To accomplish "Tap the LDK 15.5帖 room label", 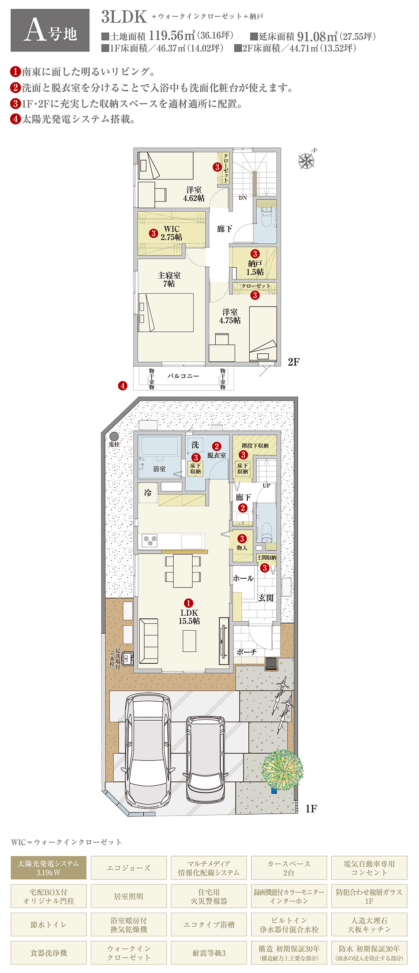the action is click(190, 617).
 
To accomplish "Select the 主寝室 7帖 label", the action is click(169, 280).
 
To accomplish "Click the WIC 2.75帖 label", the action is click(172, 233).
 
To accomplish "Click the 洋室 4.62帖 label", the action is click(194, 194).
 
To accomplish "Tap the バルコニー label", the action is click(183, 376).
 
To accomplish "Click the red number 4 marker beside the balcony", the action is click(123, 385).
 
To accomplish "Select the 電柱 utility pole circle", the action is click(114, 436).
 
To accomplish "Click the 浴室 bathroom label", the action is click(159, 469).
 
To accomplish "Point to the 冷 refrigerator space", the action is click(148, 493).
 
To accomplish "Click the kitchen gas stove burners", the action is click(150, 540).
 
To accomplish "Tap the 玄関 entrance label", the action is click(266, 598).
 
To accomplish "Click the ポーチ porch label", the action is click(247, 652).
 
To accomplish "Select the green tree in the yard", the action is click(282, 769).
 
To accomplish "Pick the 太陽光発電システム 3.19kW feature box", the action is click(49, 868).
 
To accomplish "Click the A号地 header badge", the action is click(50, 30).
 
